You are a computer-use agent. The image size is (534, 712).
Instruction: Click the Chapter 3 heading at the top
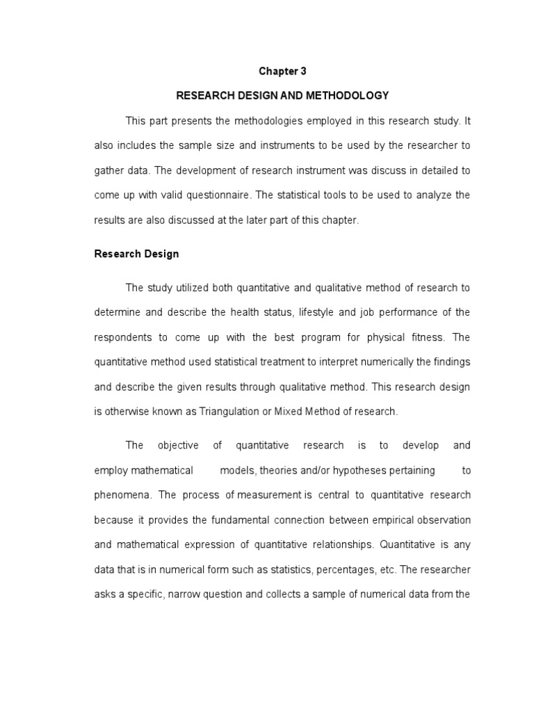click(x=282, y=71)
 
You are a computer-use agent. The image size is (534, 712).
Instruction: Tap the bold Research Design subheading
click(x=136, y=254)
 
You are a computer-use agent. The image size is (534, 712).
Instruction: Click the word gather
click(x=108, y=170)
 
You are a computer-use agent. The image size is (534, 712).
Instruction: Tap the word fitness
click(x=425, y=337)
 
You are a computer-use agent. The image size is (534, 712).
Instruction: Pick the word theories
click(x=277, y=470)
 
